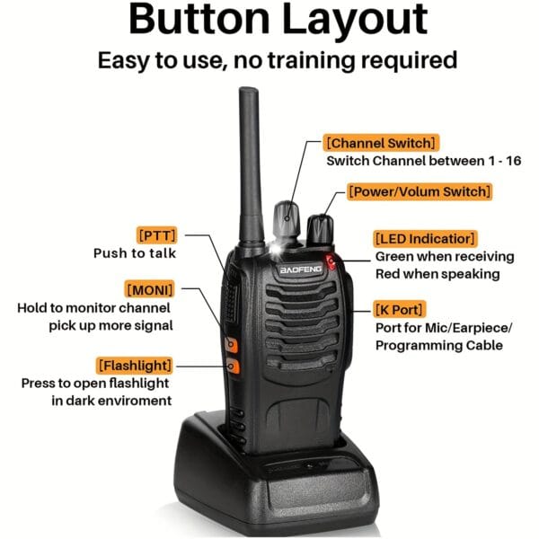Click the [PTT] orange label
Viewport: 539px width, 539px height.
pos(157,235)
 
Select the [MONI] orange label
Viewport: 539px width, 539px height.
pos(149,289)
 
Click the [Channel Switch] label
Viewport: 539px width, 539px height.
pos(382,143)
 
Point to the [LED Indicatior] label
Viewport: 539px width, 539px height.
pos(423,238)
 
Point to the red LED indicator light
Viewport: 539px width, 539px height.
pos(331,262)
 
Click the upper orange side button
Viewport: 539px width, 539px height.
pos(231,344)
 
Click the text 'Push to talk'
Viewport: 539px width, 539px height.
pos(135,253)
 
